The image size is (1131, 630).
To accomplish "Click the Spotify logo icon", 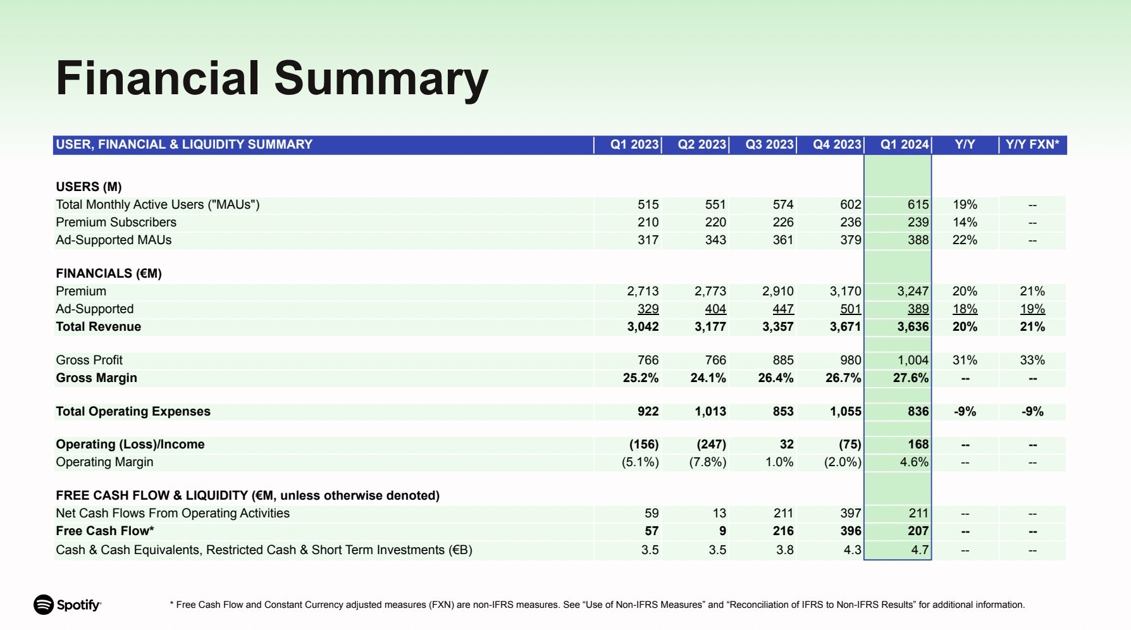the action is [44, 605].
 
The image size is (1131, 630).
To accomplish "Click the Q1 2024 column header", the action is [905, 144].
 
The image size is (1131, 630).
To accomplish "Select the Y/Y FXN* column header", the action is [1032, 144].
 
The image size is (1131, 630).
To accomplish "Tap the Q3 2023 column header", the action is [769, 144].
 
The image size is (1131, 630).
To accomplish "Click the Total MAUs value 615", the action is [918, 204].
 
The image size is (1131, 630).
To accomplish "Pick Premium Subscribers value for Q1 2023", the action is [648, 222].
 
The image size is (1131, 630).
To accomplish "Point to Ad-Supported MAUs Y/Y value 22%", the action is [965, 240].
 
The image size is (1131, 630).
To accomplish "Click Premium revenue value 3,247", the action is [913, 291].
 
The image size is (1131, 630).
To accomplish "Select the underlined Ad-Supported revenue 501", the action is [850, 309].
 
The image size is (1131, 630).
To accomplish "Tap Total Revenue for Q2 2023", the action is [710, 326].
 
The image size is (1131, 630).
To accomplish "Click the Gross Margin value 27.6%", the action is [911, 378].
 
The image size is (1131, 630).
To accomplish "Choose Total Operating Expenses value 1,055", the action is [846, 411].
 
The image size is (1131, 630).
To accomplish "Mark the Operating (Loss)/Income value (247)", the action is [711, 444].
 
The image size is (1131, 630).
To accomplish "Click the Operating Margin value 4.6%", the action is [914, 462].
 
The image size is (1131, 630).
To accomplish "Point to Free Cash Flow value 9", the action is [722, 531].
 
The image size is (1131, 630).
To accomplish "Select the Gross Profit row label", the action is [89, 360].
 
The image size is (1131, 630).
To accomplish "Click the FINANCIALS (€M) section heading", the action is [109, 273].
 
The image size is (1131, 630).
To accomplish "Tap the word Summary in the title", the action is [381, 79].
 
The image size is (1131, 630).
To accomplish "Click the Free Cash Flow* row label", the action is [105, 531].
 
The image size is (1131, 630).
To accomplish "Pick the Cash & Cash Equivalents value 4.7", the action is [920, 550].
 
